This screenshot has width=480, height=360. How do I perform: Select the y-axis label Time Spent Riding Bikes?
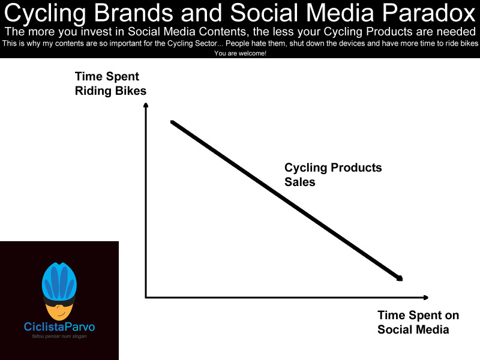click(x=110, y=83)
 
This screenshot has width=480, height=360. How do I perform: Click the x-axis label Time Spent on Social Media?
click(x=418, y=322)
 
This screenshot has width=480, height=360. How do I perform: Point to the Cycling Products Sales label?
click(x=332, y=175)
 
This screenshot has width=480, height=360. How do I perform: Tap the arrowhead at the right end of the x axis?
click(x=425, y=297)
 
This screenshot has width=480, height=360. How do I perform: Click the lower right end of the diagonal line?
click(x=400, y=278)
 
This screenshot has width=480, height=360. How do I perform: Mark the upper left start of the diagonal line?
click(x=172, y=122)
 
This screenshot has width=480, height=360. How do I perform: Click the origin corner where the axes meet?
click(x=146, y=297)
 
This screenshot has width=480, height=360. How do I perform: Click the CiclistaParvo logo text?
click(x=59, y=327)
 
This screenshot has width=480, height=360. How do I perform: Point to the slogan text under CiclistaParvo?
click(x=59, y=336)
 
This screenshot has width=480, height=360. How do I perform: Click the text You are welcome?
click(x=240, y=53)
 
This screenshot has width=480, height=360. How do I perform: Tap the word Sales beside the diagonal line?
click(x=299, y=182)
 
